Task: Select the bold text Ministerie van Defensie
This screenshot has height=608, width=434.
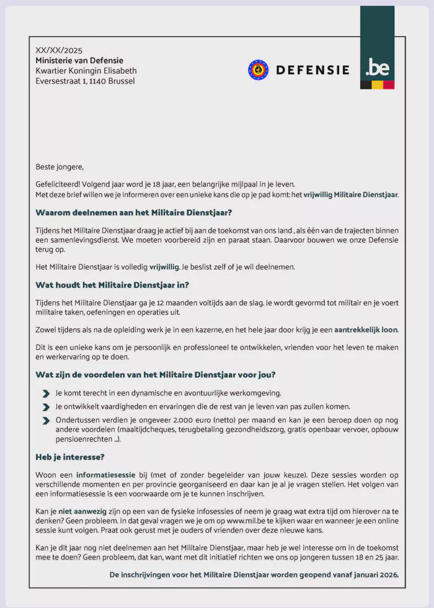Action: point(79,60)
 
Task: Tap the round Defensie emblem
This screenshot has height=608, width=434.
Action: point(258,69)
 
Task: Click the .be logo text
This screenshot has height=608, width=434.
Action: point(377,67)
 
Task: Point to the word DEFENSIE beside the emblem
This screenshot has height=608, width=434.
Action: point(312,70)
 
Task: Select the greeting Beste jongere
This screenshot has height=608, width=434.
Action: point(60,167)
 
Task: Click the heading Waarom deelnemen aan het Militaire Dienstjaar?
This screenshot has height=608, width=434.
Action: point(134,212)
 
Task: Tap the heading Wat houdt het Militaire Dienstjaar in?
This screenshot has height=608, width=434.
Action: point(112,285)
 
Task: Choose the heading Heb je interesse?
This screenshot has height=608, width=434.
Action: point(70,457)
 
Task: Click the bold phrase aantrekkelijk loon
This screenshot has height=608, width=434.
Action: point(366,329)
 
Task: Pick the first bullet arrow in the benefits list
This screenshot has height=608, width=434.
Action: point(46,393)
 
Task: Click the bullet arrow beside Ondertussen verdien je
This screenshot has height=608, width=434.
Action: point(46,421)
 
